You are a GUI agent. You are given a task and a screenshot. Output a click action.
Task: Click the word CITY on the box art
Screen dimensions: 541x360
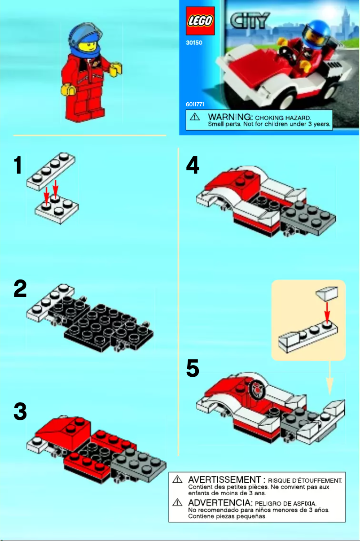pyautogui.click(x=249, y=21)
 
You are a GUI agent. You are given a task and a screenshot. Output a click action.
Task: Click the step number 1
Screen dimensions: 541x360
pyautogui.click(x=18, y=166)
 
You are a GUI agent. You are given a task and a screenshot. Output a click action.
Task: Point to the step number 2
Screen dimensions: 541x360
pyautogui.click(x=20, y=289)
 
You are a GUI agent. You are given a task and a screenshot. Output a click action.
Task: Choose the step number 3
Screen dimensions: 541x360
pyautogui.click(x=20, y=412)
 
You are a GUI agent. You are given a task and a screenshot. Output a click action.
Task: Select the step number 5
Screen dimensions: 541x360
pyautogui.click(x=193, y=370)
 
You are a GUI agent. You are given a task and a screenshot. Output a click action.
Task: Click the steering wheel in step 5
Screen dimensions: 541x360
pyautogui.click(x=258, y=389)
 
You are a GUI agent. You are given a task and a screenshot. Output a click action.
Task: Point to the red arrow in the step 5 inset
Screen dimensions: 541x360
pyautogui.click(x=327, y=310)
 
